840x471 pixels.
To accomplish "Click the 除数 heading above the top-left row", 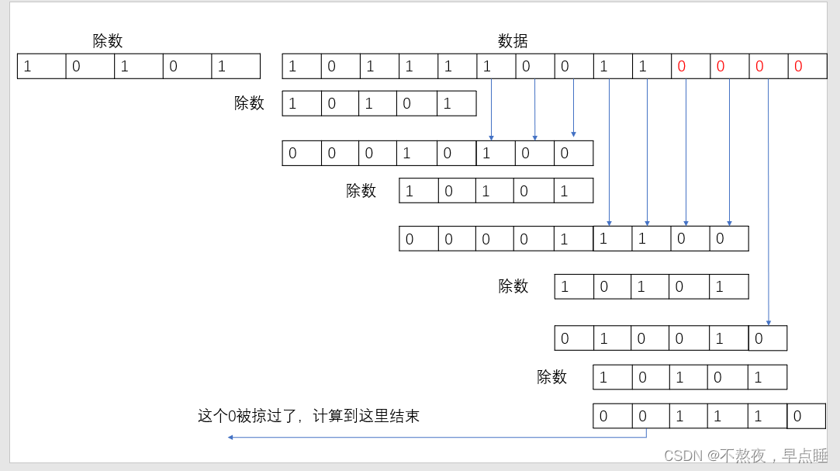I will pos(108,41).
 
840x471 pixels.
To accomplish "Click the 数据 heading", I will pos(513,41).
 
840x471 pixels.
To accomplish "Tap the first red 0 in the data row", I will pos(682,67).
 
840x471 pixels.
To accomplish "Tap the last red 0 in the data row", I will pos(799,67).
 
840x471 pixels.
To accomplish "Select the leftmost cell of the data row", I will pos(302,67).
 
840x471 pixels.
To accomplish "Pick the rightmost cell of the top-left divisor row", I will pos(235,67).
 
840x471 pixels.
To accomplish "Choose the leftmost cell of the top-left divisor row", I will pos(41,67).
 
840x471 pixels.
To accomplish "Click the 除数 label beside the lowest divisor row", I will pos(551,377).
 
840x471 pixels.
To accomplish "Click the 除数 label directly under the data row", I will pos(249,103).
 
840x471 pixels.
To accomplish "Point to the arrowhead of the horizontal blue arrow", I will pos(230,437).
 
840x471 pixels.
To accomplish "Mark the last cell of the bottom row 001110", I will pos(806,417).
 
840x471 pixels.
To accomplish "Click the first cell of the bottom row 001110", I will pos(612,417).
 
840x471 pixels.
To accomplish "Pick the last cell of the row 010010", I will pos(767,338).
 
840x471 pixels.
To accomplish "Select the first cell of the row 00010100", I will pos(302,154).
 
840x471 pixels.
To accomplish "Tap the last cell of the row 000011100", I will pos(728,239).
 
